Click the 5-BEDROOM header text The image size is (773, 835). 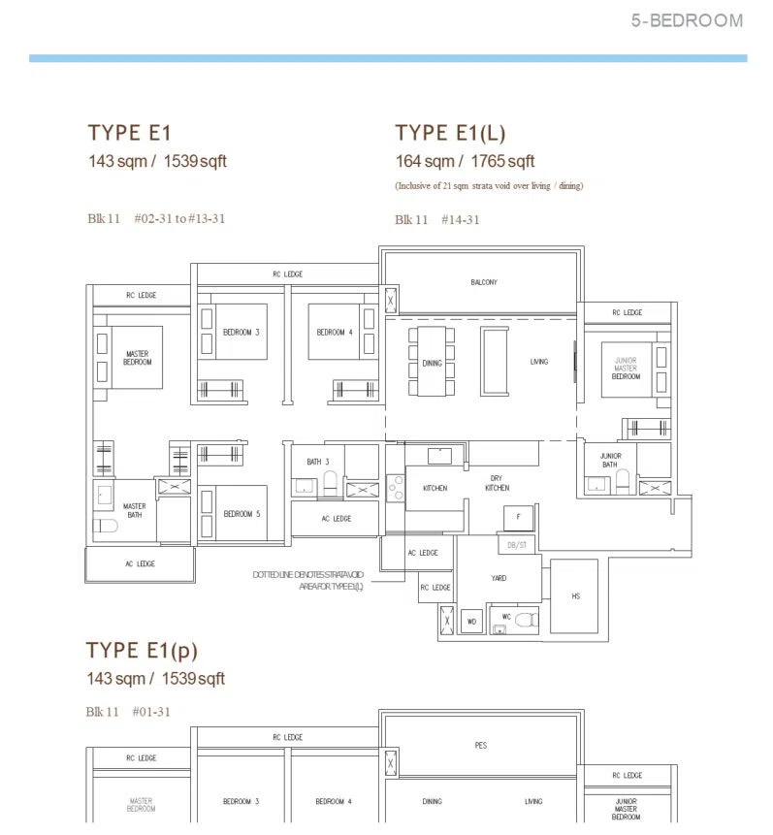687,20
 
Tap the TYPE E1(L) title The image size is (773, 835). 450,133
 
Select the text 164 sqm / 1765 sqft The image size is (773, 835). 465,161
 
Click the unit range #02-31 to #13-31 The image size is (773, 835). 179,218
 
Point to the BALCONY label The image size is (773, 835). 484,282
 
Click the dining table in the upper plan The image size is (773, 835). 432,362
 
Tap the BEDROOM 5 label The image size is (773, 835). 242,514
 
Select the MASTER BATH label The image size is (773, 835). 134,510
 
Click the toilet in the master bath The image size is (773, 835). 106,527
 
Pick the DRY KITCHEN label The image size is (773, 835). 497,483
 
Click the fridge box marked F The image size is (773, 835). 518,517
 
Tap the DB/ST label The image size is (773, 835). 516,545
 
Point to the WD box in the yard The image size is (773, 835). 471,621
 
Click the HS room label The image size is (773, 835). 575,595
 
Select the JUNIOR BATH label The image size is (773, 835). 610,460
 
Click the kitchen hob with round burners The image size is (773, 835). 396,488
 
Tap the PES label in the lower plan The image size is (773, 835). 480,746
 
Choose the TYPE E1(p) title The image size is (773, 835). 142,650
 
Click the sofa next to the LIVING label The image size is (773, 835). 495,362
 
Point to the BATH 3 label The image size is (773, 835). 318,462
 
